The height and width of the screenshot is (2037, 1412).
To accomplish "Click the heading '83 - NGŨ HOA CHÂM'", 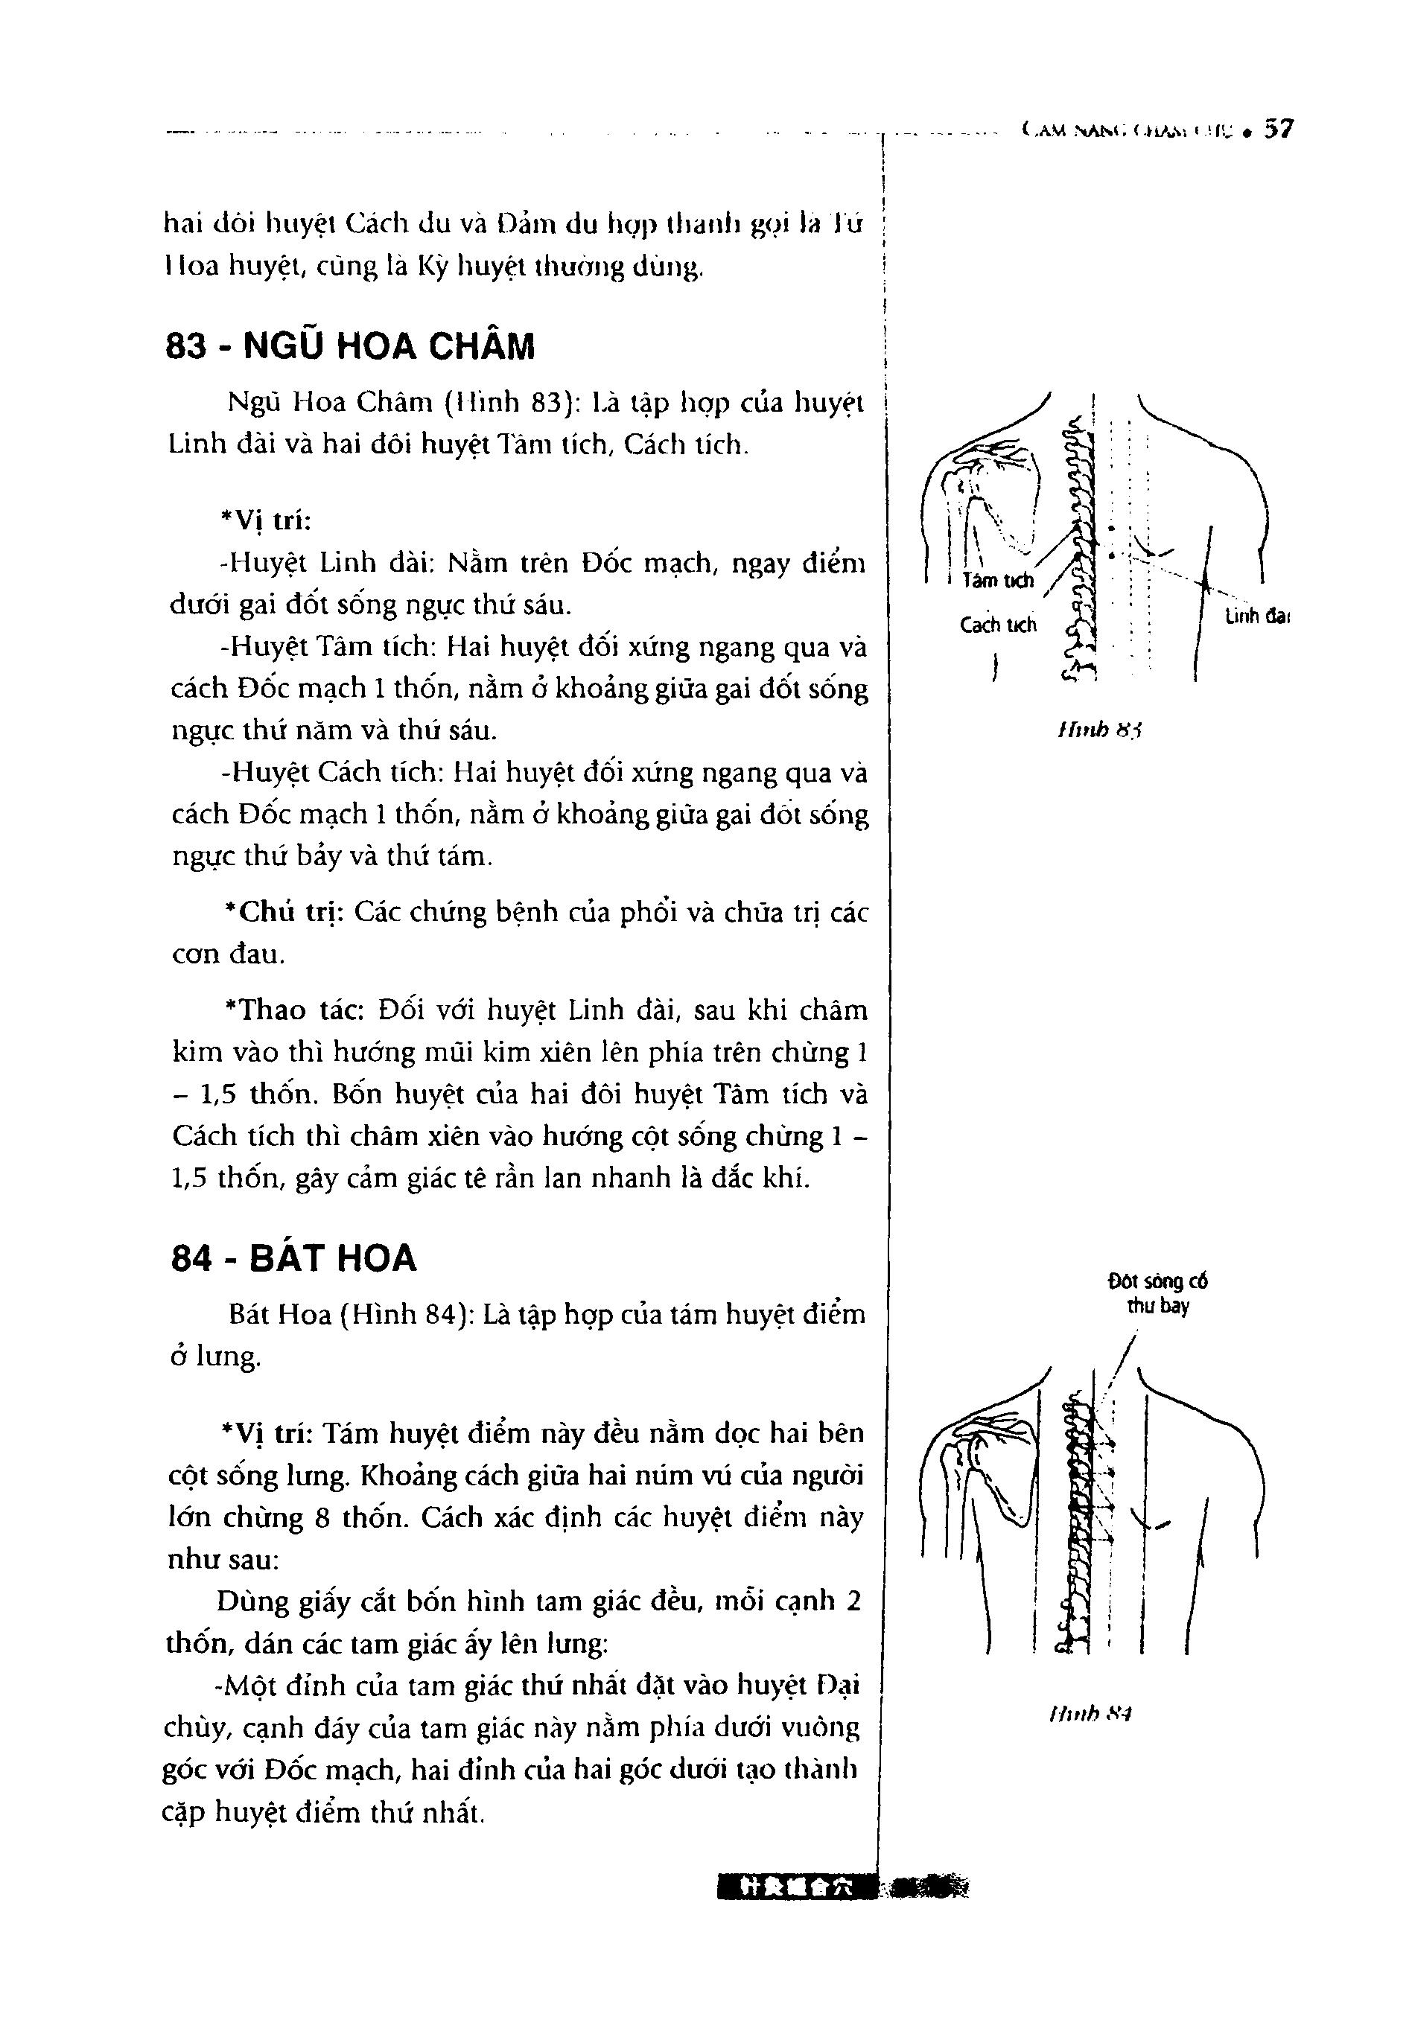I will tap(350, 347).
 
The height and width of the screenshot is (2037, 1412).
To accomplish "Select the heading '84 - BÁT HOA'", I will tap(293, 1257).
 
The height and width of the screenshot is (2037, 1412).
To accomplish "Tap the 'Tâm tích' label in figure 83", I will tap(998, 581).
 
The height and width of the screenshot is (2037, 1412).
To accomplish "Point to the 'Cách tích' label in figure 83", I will tap(998, 625).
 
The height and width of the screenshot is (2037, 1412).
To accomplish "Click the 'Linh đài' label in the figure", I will tap(1256, 616).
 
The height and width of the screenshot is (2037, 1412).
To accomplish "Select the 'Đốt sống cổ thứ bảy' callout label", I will tap(1157, 1294).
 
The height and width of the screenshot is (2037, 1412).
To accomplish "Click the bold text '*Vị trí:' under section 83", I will tap(267, 522).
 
